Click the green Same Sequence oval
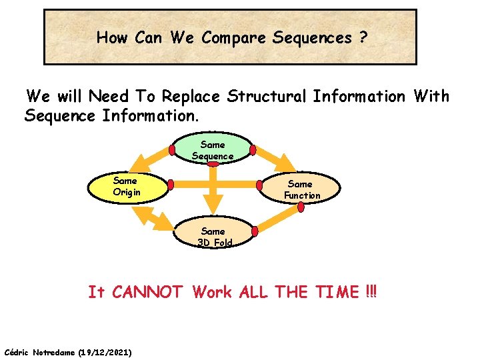tap(213, 150)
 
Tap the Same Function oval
tap(302, 189)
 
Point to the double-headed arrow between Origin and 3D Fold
tap(151, 221)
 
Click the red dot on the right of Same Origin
tap(171, 184)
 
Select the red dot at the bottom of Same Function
tap(301, 207)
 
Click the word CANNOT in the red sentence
tap(147, 292)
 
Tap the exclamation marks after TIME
tap(371, 292)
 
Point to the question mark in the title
tap(363, 38)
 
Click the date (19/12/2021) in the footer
tap(105, 351)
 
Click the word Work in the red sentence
tap(213, 292)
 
